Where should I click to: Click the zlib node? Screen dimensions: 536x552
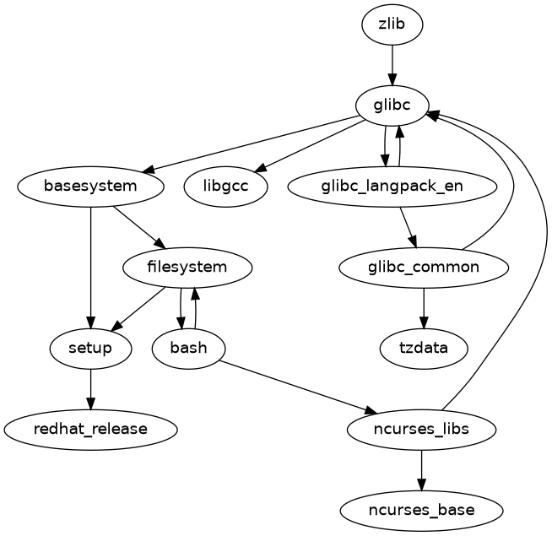click(392, 24)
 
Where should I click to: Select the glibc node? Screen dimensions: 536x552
click(392, 105)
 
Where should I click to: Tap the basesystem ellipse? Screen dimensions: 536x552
click(90, 186)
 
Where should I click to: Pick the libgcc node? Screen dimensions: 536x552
click(225, 186)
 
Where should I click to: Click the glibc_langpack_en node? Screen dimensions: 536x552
click(392, 186)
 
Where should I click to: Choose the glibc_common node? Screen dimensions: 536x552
click(424, 268)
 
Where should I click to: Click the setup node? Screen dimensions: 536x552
click(90, 348)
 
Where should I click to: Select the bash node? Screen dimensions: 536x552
click(188, 348)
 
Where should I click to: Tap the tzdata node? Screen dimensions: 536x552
click(424, 348)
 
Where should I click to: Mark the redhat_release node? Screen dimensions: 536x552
click(90, 429)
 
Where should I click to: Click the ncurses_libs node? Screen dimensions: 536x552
click(421, 429)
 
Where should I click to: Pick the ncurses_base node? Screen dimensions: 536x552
click(421, 510)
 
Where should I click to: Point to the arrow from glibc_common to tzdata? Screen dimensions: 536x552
click(424, 308)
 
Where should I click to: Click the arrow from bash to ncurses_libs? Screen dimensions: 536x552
click(295, 387)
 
